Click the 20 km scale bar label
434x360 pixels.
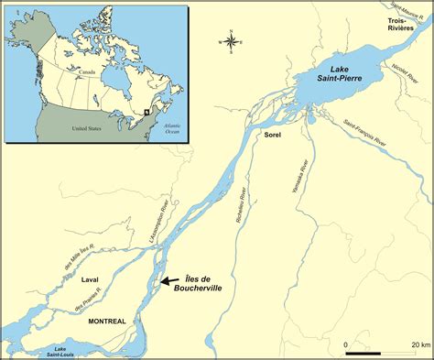pyautogui.click(x=420, y=344)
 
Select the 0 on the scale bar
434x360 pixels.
pyautogui.click(x=346, y=344)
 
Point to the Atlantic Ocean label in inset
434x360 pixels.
pyautogui.click(x=170, y=129)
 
